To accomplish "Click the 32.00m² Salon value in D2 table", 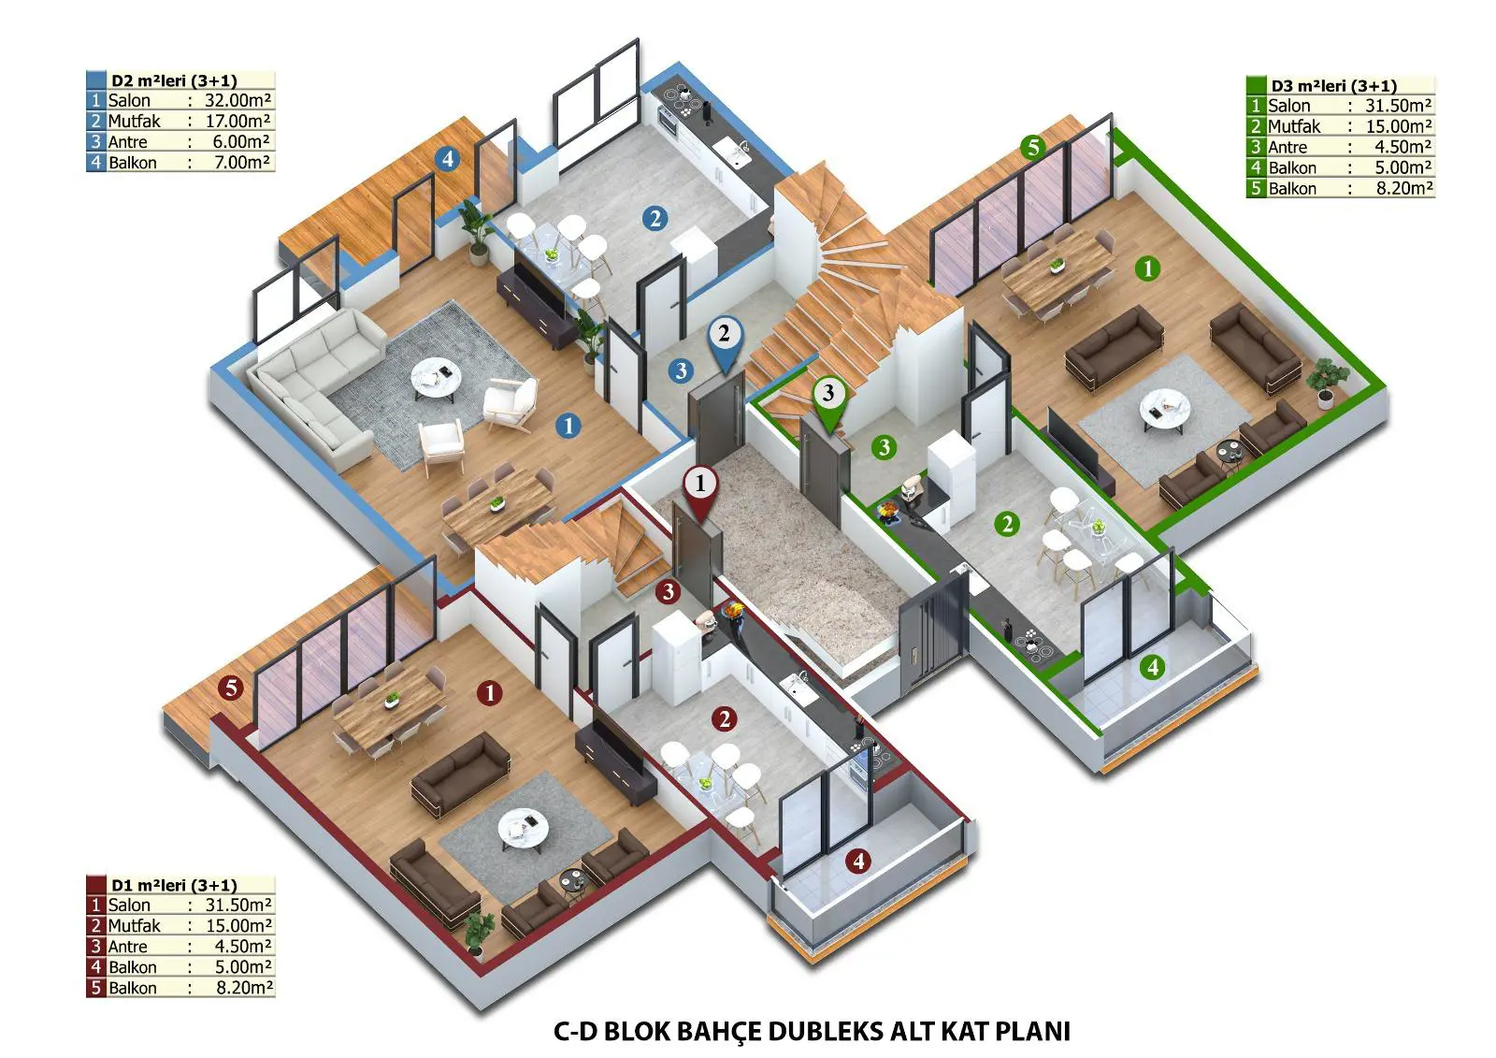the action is tap(237, 100).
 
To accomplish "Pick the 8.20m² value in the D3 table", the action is tap(1403, 188).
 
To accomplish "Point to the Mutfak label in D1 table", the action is tap(135, 926).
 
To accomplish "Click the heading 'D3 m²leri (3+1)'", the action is tap(1333, 85).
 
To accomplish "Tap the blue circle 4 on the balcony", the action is tap(447, 159).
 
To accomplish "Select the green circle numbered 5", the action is tap(1032, 146).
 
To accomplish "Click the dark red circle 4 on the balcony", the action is tap(858, 861).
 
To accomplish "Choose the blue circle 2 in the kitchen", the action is tap(654, 219).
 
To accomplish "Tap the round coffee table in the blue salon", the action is tap(436, 378).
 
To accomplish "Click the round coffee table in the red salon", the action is tap(523, 830).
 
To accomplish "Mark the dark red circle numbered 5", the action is tap(231, 687).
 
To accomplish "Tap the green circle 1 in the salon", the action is tap(1148, 268).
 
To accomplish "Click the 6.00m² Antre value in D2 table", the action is tap(241, 141).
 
